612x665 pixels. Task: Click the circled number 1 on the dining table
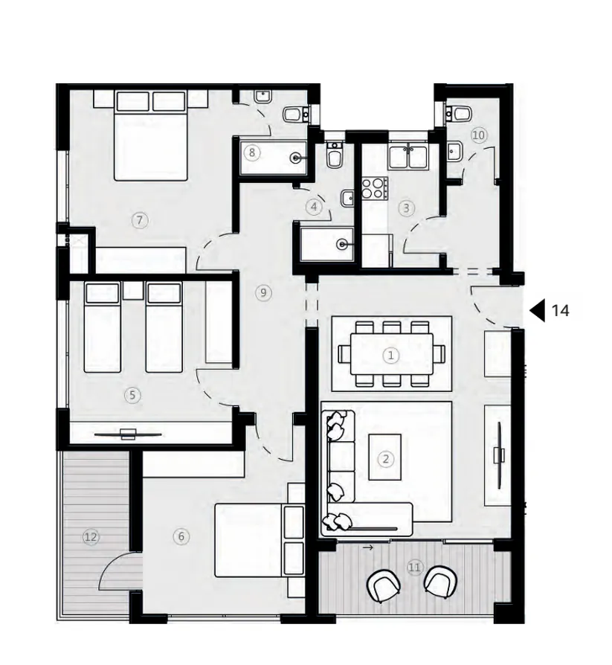click(391, 356)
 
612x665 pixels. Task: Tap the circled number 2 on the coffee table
click(385, 459)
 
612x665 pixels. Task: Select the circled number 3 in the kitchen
click(406, 208)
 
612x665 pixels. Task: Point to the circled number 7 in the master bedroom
click(138, 219)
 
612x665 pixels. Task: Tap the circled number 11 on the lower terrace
click(414, 568)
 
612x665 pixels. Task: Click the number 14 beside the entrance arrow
click(561, 310)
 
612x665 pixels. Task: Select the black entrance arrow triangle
click(537, 310)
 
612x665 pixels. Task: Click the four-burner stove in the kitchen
click(374, 187)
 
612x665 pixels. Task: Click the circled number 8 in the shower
click(253, 153)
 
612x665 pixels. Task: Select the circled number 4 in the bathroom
click(315, 208)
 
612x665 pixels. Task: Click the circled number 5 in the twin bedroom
click(132, 395)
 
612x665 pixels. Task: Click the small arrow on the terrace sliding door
click(367, 547)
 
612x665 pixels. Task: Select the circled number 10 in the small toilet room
click(478, 135)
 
